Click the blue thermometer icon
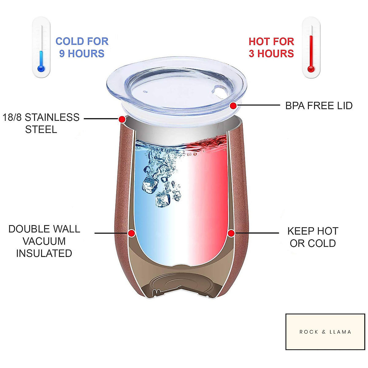pyautogui.click(x=41, y=48)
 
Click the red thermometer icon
pyautogui.click(x=311, y=48)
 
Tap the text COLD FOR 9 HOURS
pyautogui.click(x=82, y=48)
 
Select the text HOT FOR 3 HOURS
pyautogui.click(x=271, y=48)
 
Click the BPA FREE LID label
pyautogui.click(x=319, y=106)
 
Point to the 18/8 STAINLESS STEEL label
pyautogui.click(x=41, y=123)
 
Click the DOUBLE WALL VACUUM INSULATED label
pyautogui.click(x=44, y=241)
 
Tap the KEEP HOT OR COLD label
pyautogui.click(x=313, y=237)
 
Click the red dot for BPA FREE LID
pyautogui.click(x=233, y=106)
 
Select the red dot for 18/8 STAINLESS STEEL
pyautogui.click(x=122, y=119)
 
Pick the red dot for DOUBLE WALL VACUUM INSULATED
pyautogui.click(x=132, y=233)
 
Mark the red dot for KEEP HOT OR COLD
pyautogui.click(x=231, y=233)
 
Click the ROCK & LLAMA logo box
pyautogui.click(x=325, y=332)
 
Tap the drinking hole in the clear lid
pyautogui.click(x=219, y=91)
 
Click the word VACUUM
pyautogui.click(x=44, y=241)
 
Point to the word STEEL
pyautogui.click(x=41, y=129)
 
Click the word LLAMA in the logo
pyautogui.click(x=340, y=332)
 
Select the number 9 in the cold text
pyautogui.click(x=62, y=54)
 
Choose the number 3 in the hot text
pyautogui.click(x=251, y=54)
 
